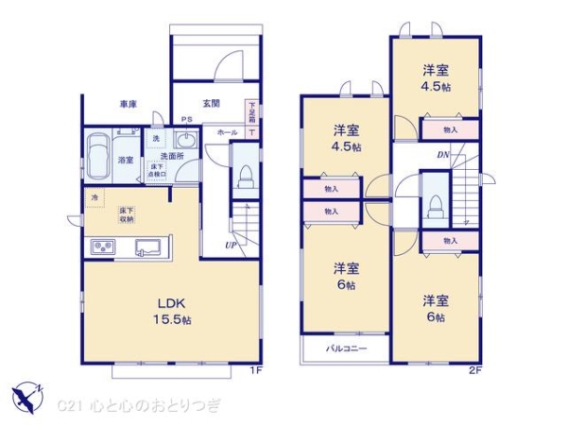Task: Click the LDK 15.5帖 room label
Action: pyautogui.click(x=171, y=310)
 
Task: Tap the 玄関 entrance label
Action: pyautogui.click(x=210, y=103)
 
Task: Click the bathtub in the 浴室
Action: pyautogui.click(x=97, y=152)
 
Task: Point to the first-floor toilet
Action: pyautogui.click(x=245, y=176)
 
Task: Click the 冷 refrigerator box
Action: pyautogui.click(x=94, y=197)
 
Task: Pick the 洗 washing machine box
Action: pyautogui.click(x=157, y=139)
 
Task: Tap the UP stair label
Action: pyautogui.click(x=231, y=246)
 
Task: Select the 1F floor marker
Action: pyautogui.click(x=254, y=369)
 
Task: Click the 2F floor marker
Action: pyautogui.click(x=475, y=369)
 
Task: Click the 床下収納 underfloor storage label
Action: pyautogui.click(x=125, y=214)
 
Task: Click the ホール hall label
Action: pyautogui.click(x=227, y=134)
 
